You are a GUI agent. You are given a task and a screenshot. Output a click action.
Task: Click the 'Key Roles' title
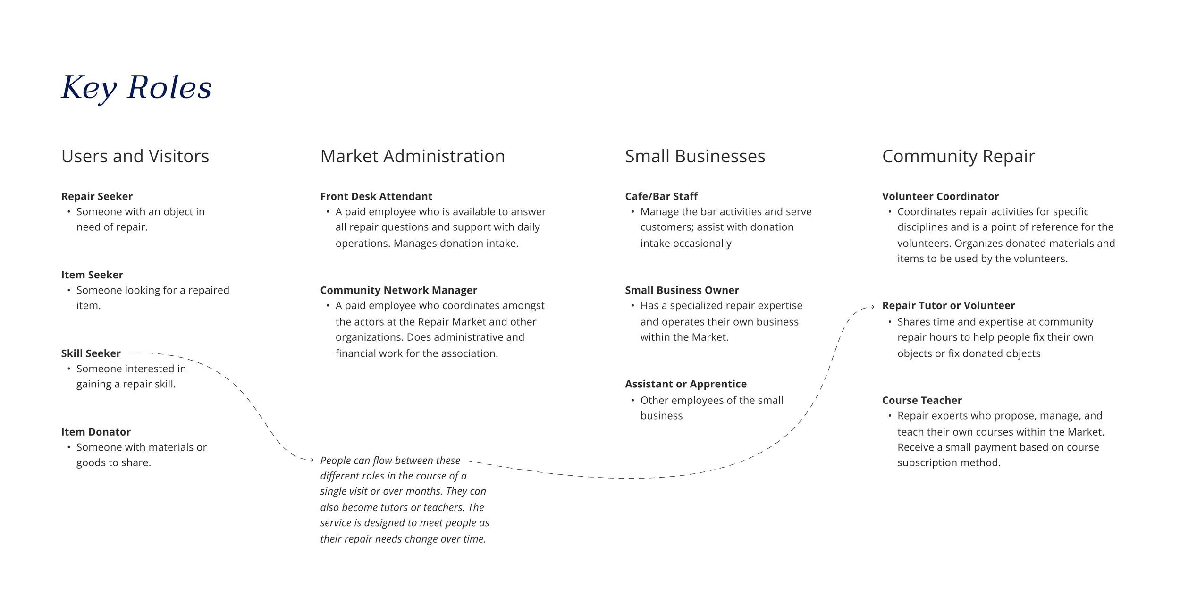[136, 88]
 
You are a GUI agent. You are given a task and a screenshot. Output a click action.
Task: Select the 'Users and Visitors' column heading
[135, 156]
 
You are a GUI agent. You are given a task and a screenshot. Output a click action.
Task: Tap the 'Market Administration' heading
[413, 156]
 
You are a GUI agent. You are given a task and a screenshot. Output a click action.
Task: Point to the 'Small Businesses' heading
[695, 156]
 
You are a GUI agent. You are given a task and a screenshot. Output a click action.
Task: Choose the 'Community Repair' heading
[958, 156]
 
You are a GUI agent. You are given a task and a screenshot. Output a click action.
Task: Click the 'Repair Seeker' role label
[97, 196]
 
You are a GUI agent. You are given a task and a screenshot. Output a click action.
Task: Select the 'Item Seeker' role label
[92, 275]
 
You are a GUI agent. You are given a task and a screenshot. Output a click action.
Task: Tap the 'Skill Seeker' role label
[91, 353]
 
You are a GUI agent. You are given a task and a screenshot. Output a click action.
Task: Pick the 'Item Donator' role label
[96, 432]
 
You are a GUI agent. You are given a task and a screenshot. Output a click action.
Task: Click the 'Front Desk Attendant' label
[376, 196]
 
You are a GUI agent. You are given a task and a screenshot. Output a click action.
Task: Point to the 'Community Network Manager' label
[398, 290]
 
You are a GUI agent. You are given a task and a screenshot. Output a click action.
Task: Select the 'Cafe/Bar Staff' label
[661, 196]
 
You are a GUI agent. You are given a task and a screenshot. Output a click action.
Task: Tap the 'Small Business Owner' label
[682, 290]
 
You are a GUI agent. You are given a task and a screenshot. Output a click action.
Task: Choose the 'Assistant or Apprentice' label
[685, 384]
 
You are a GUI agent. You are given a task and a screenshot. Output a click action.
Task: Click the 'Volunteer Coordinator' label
[940, 196]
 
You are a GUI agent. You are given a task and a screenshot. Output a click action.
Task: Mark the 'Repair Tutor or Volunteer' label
[948, 306]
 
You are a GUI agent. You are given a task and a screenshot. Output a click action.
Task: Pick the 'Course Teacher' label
[921, 401]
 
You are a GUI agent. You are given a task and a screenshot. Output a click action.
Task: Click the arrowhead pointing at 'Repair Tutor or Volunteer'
[873, 307]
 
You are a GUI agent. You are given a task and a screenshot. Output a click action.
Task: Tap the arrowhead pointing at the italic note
[312, 460]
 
